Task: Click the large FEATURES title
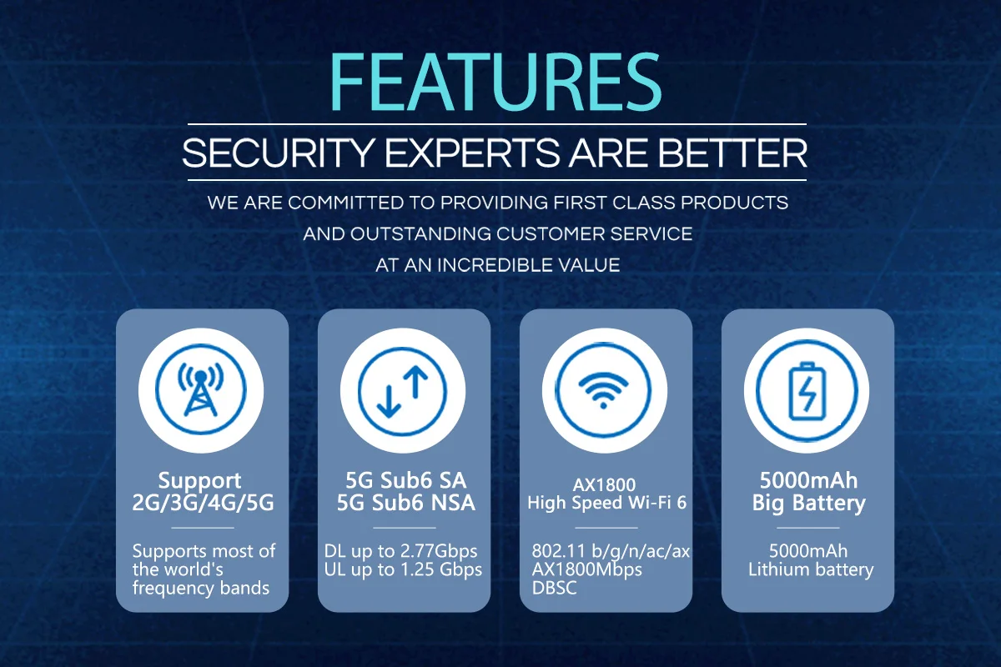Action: coord(495,82)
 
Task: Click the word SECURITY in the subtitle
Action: coord(278,153)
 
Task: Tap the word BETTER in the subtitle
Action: coord(732,153)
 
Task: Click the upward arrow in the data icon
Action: coord(416,382)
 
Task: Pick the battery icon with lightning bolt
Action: coord(807,391)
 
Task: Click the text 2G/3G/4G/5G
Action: coord(203,503)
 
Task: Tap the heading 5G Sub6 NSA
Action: coord(405,503)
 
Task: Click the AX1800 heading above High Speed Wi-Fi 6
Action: coord(604,484)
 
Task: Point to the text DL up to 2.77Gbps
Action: coord(401,551)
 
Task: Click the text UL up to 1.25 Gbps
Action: coord(403,570)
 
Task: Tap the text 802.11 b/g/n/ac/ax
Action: coord(611,552)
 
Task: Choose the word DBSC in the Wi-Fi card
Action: coord(554,588)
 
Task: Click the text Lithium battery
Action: coord(811,570)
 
